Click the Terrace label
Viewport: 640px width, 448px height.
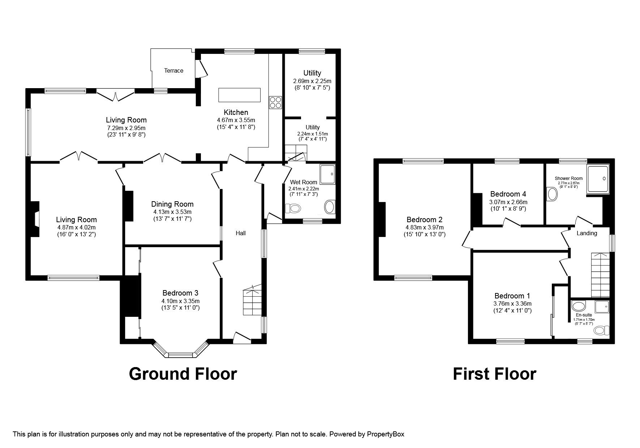click(x=173, y=71)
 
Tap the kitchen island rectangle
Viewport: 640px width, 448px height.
click(x=239, y=95)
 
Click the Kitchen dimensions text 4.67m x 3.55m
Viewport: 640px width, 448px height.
click(x=236, y=120)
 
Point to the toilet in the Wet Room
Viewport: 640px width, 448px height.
click(x=293, y=208)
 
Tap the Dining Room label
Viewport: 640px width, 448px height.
click(x=172, y=204)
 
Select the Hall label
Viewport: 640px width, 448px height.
click(x=241, y=233)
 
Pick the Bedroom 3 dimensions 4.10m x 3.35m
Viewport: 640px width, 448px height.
click(x=181, y=301)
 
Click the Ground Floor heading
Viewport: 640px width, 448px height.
click(x=183, y=374)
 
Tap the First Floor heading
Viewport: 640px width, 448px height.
click(x=494, y=374)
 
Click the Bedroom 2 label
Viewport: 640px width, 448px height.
click(x=424, y=220)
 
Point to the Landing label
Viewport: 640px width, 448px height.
click(x=587, y=233)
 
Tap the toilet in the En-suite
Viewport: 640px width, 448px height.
click(x=601, y=330)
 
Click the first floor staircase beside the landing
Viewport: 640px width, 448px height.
click(x=600, y=275)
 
